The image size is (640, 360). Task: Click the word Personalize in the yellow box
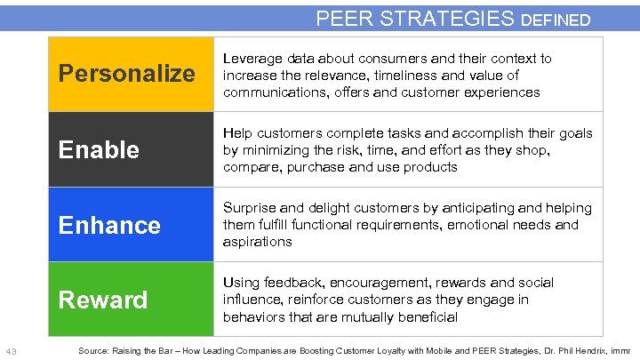click(x=126, y=74)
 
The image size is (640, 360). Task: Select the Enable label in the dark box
click(x=99, y=149)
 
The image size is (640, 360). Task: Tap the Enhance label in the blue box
click(x=109, y=225)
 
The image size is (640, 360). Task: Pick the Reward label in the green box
click(x=103, y=300)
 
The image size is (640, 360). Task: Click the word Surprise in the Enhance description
click(x=252, y=208)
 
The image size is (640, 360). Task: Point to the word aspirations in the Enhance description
click(x=257, y=242)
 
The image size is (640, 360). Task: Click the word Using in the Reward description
click(x=242, y=283)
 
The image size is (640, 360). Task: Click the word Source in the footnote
click(x=93, y=351)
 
